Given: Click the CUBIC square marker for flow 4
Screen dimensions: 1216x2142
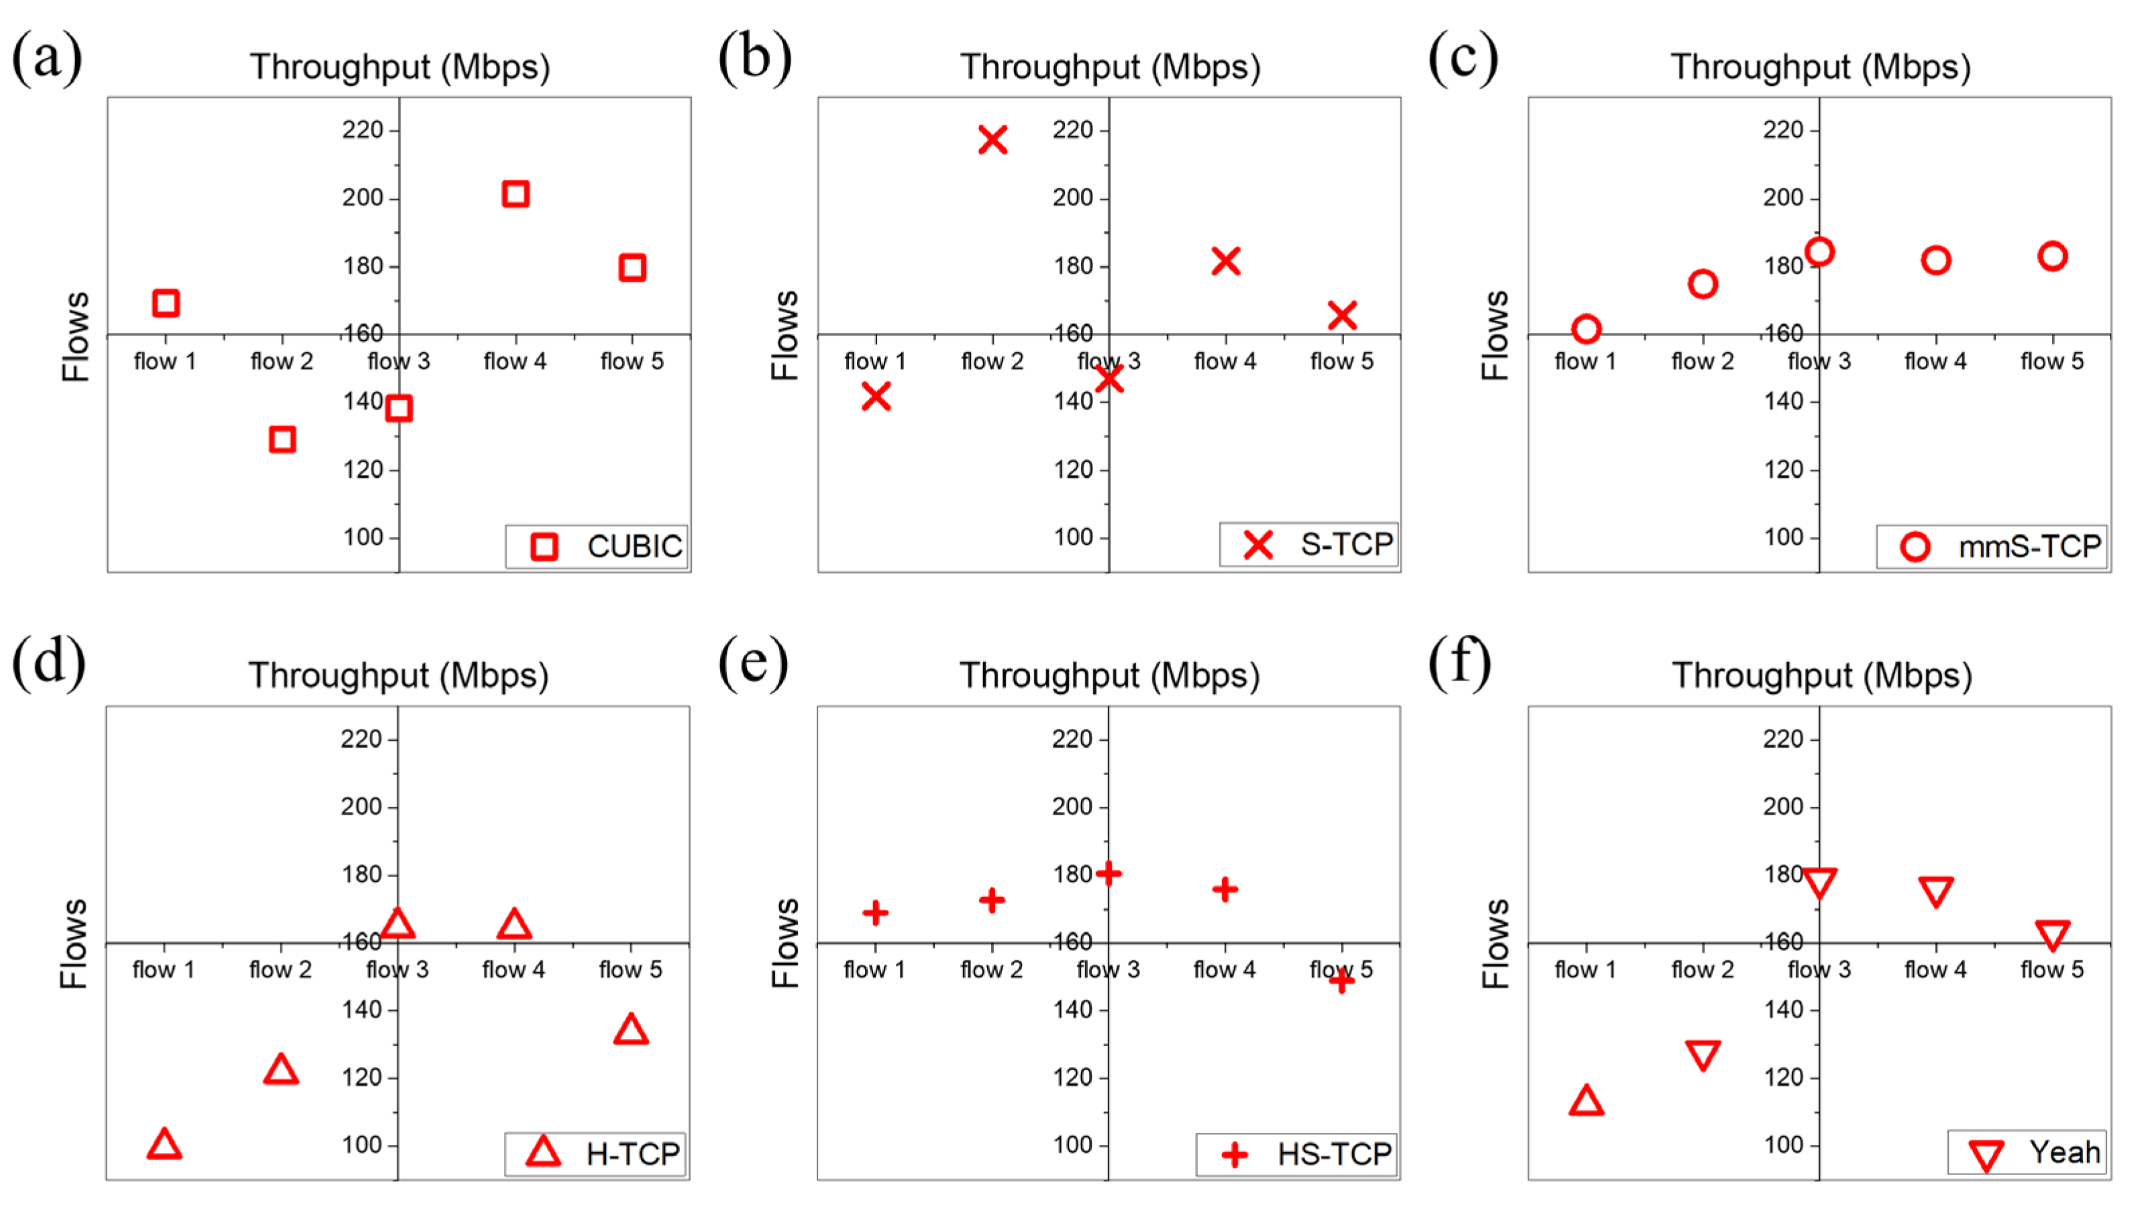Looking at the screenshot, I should pos(515,194).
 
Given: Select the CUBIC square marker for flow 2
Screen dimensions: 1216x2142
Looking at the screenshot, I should pos(283,440).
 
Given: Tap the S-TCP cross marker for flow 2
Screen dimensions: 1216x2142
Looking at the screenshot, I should pos(992,140).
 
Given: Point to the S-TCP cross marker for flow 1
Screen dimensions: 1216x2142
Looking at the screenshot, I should pos(875,396).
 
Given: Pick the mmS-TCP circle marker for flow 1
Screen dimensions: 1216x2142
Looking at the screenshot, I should pos(1586,329).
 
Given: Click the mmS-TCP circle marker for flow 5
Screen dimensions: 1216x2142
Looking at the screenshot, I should pos(2052,256).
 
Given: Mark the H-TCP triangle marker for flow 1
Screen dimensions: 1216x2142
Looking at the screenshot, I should pos(164,1144).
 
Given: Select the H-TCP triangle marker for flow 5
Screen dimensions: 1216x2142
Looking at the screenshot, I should pos(631,1029).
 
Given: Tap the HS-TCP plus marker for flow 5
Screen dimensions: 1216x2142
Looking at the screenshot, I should pos(1341,980).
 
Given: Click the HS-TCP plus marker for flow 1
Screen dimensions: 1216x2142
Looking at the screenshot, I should pos(875,912).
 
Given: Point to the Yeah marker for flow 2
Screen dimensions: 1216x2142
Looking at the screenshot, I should pos(1702,1054).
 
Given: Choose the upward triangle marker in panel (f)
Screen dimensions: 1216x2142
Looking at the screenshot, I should pos(1586,1102).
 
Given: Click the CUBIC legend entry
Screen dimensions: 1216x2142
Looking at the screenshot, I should pos(597,546).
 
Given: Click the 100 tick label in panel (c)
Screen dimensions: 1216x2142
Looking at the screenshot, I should pos(1783,537).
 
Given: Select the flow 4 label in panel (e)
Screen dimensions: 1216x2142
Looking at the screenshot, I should pos(1224,970).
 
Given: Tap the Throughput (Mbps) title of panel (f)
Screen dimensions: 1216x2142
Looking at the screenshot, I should pos(1821,675).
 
